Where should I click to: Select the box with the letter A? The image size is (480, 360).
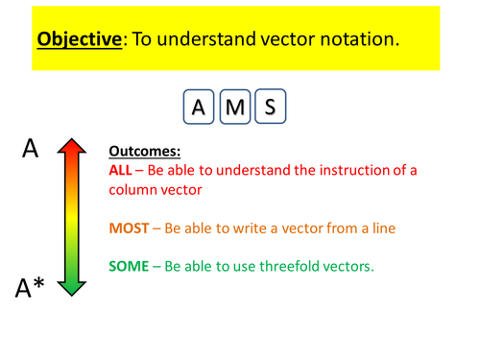point(199,107)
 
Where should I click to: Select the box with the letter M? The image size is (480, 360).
point(234,107)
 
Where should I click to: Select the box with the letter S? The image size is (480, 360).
point(270,107)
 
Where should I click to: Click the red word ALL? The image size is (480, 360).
point(122,171)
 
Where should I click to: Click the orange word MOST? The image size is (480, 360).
point(131,229)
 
